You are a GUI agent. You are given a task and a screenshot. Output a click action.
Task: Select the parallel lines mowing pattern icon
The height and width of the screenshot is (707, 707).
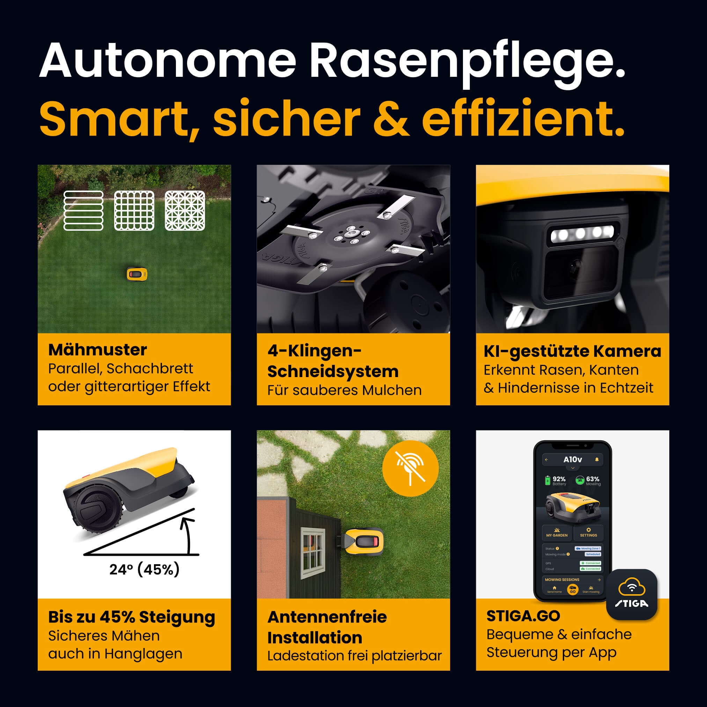click(x=83, y=211)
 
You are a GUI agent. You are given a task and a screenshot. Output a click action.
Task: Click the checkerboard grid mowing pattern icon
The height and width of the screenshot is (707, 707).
click(x=134, y=211)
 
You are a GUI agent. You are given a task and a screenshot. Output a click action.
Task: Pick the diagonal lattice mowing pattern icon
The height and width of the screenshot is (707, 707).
click(x=185, y=211)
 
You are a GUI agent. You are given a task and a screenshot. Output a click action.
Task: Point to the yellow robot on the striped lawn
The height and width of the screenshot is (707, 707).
click(x=137, y=274)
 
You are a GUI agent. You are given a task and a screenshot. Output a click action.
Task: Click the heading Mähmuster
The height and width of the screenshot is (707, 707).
click(x=97, y=350)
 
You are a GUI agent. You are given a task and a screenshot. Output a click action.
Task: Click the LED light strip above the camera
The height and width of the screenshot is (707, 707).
click(x=582, y=233)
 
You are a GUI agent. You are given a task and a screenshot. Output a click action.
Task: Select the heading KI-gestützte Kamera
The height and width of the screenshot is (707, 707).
click(x=572, y=351)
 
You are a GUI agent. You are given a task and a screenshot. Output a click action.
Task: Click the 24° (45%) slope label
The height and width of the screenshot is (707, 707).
click(x=144, y=569)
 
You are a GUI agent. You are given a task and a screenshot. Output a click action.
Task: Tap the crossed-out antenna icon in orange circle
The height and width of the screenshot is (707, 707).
click(x=410, y=468)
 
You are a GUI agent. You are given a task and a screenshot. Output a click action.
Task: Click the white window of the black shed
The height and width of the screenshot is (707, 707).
click(x=312, y=553)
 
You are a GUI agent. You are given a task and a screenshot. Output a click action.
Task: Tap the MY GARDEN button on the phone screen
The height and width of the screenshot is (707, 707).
click(x=557, y=532)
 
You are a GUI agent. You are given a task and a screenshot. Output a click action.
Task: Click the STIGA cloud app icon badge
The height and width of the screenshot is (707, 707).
click(x=632, y=594)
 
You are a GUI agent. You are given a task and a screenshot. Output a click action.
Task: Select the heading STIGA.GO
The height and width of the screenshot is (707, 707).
click(x=523, y=616)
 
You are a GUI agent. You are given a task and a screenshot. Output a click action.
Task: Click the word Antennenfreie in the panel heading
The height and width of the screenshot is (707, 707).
click(x=327, y=617)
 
